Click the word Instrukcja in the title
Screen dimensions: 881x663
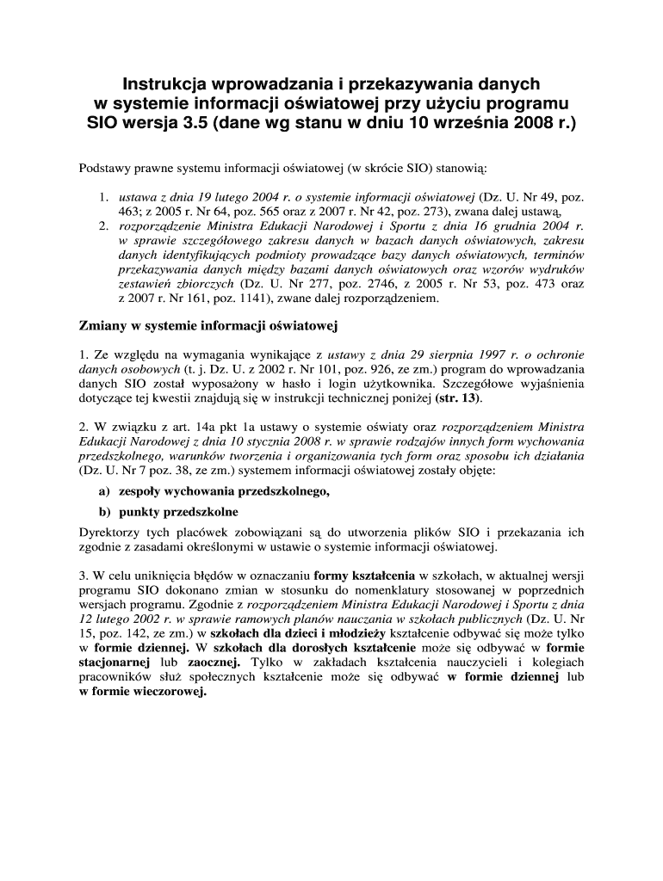(x=167, y=84)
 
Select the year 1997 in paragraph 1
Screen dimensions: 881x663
(x=458, y=354)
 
